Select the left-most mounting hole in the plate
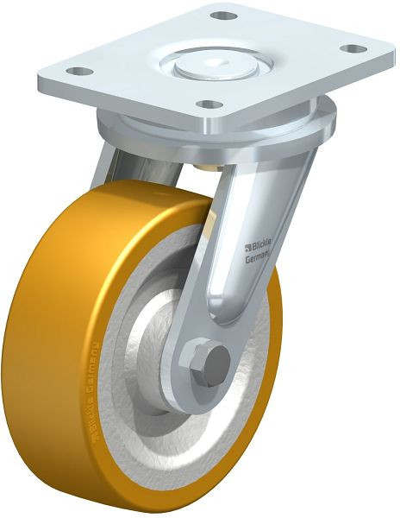pyautogui.click(x=77, y=72)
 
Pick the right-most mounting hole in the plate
pyautogui.click(x=348, y=48)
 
